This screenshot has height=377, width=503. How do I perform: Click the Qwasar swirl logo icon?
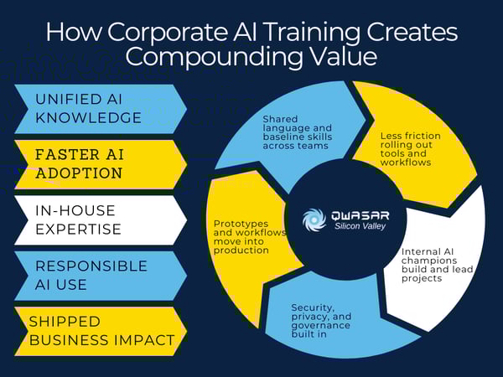pos(314,220)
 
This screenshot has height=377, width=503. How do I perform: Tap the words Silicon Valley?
pos(361,227)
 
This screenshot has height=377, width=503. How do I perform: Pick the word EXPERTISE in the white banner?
pos(81,230)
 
